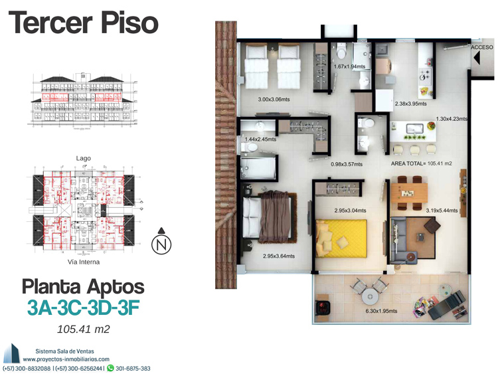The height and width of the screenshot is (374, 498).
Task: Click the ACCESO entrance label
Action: pos(482,47)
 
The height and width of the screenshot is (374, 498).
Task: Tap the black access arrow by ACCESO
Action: pos(476,58)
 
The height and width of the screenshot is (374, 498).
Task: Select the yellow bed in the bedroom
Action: pos(341,238)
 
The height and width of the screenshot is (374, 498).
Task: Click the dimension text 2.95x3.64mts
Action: pos(278,256)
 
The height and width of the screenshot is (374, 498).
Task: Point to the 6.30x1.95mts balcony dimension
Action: pos(381,311)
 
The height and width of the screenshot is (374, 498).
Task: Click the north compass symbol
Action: pos(161,242)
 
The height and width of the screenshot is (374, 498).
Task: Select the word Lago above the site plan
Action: pos(83,158)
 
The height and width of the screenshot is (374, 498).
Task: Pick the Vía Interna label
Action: pos(84,262)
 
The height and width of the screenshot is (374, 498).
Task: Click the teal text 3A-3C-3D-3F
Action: pos(83,308)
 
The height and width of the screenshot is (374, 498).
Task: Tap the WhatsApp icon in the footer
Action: pos(110,368)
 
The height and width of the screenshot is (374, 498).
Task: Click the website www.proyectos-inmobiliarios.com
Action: pos(66,359)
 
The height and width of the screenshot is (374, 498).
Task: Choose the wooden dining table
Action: pos(409,193)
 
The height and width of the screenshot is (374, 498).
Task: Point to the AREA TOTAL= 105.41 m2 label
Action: pos(421,163)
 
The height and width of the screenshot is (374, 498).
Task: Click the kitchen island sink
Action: pos(415,129)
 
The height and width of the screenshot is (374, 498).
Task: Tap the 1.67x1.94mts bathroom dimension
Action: pos(349,66)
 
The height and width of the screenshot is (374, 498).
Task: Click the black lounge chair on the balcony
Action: pos(447,305)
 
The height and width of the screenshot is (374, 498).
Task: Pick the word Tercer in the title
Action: pos(50,23)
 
